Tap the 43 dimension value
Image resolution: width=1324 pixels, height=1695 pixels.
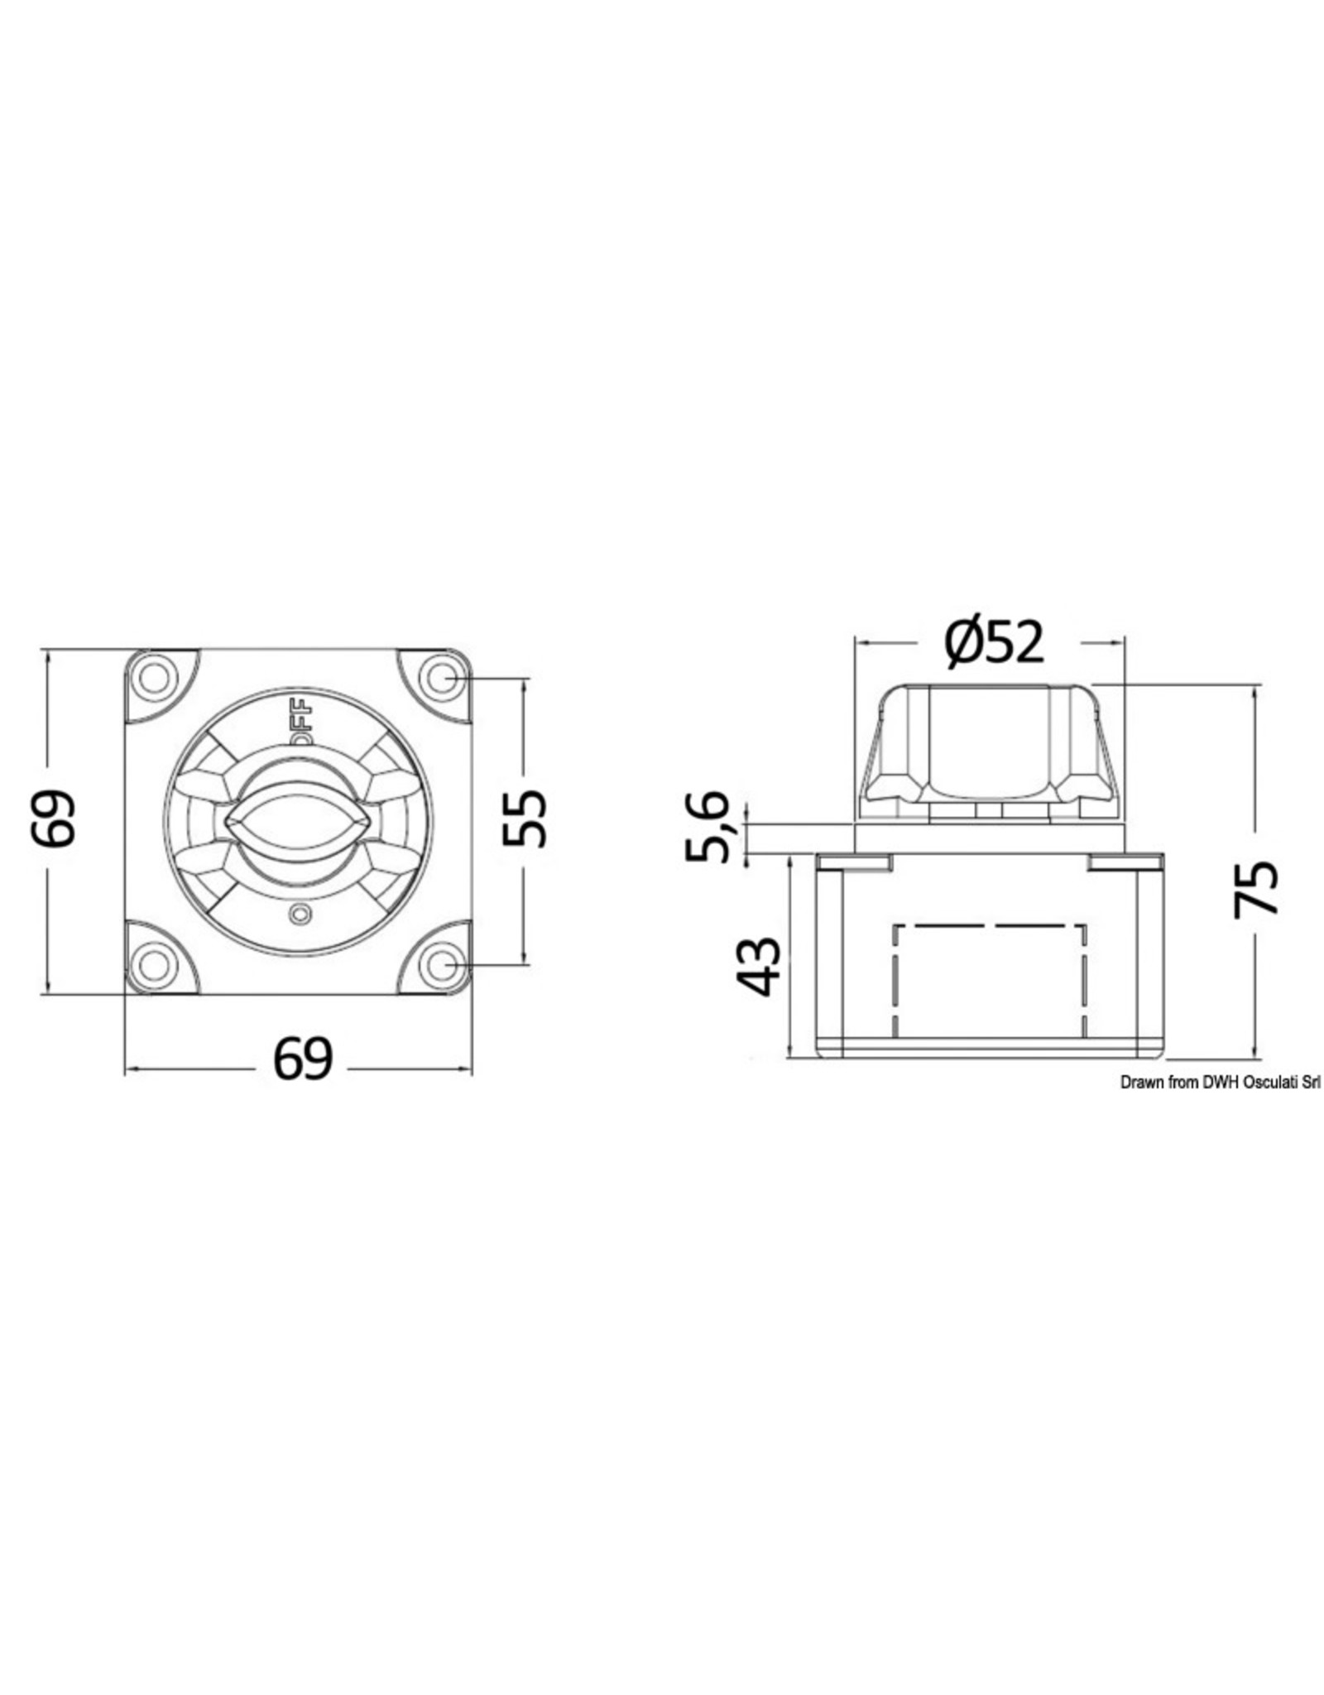pyautogui.click(x=757, y=965)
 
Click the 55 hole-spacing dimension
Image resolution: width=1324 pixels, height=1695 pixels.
pyautogui.click(x=525, y=819)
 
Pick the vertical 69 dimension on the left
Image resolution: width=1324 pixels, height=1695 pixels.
pyautogui.click(x=53, y=819)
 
